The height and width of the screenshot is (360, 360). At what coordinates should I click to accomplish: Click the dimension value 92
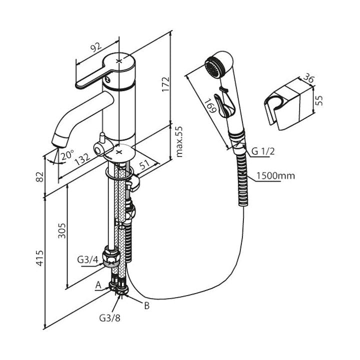click(x=95, y=47)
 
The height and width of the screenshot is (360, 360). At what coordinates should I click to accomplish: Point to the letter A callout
click(x=98, y=285)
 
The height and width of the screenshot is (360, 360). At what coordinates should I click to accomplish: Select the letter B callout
click(x=146, y=306)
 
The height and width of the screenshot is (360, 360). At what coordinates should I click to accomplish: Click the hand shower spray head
click(x=217, y=67)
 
